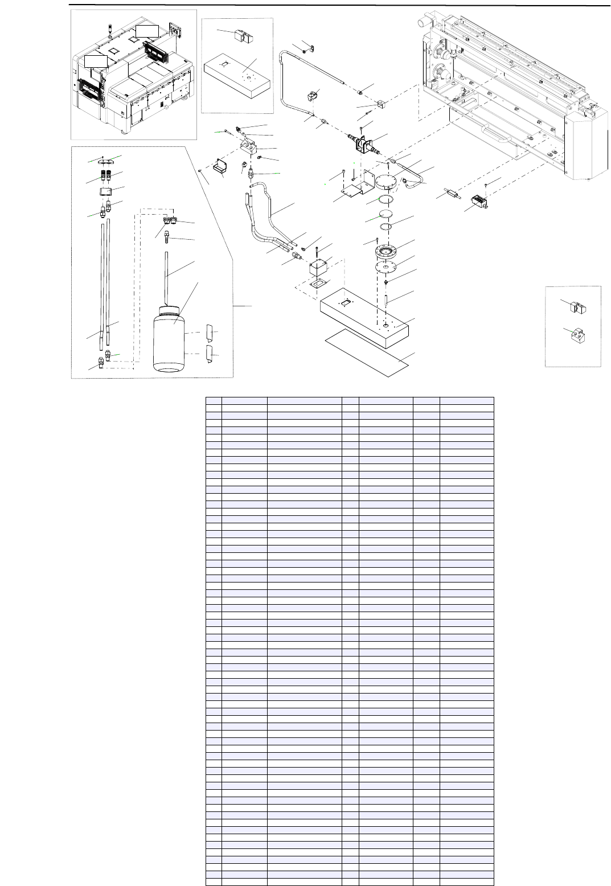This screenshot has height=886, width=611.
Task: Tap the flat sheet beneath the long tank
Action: (367, 351)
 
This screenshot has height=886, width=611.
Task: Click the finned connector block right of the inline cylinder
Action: (480, 202)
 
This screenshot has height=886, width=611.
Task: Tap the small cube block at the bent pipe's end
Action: (381, 104)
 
